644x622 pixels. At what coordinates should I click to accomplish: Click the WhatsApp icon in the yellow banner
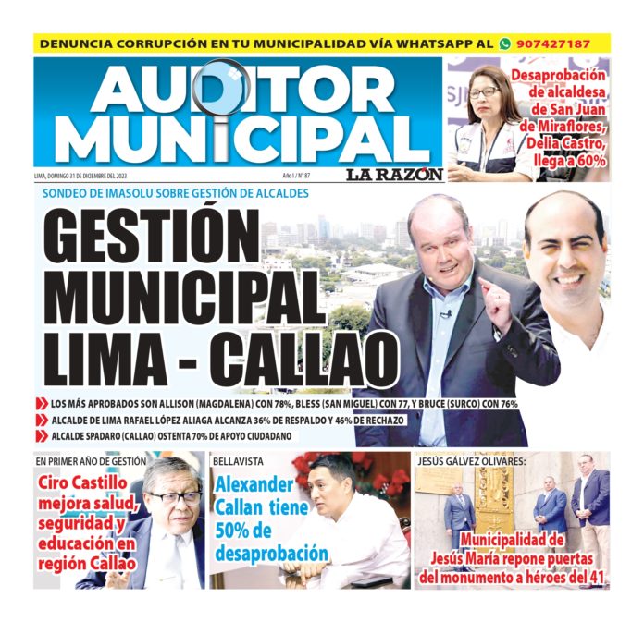pyautogui.click(x=505, y=43)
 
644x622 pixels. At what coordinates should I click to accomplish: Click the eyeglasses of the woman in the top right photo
pyautogui.click(x=483, y=92)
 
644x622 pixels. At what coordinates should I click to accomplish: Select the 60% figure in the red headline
pyautogui.click(x=588, y=159)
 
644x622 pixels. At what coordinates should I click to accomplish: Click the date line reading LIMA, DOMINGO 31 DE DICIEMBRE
pyautogui.click(x=93, y=176)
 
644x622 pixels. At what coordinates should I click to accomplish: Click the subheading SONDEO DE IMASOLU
pyautogui.click(x=176, y=194)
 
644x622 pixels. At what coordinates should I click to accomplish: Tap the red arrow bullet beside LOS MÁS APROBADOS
pyautogui.click(x=42, y=404)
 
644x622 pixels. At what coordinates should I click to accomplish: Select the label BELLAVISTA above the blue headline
pyautogui.click(x=238, y=459)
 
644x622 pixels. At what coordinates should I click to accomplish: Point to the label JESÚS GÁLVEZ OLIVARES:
pyautogui.click(x=472, y=459)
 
